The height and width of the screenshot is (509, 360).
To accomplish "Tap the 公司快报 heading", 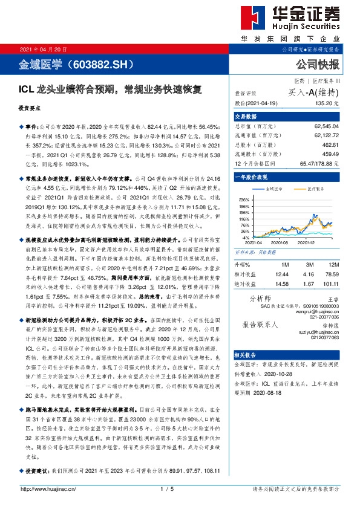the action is (x=317, y=63).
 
